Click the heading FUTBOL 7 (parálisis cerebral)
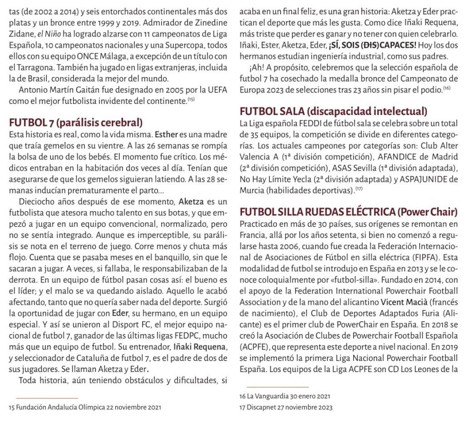tap(76, 123)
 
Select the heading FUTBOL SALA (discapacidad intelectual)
tap(334, 111)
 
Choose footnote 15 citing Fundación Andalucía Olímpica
tap(85, 407)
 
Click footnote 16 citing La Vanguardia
tap(285, 397)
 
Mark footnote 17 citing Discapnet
tap(286, 407)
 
